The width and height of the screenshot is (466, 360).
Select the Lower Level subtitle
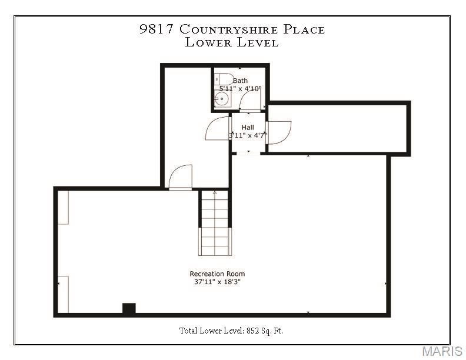click(232, 42)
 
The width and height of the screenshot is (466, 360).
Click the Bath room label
click(240, 81)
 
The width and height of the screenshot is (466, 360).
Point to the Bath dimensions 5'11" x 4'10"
click(240, 88)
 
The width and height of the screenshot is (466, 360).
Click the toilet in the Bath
click(222, 79)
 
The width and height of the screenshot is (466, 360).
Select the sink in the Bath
click(221, 99)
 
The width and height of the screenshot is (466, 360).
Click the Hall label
click(248, 127)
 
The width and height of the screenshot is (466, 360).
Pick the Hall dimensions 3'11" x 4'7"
click(248, 135)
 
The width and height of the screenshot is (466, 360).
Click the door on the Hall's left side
click(218, 128)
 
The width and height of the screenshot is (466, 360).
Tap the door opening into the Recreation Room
click(180, 177)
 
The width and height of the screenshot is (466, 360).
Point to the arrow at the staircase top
click(214, 192)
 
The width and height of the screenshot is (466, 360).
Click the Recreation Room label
click(217, 274)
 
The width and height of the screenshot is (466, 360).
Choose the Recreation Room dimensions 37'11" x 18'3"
click(217, 282)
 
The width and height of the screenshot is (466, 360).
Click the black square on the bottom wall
click(129, 308)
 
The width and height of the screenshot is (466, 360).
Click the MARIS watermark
click(441, 352)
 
